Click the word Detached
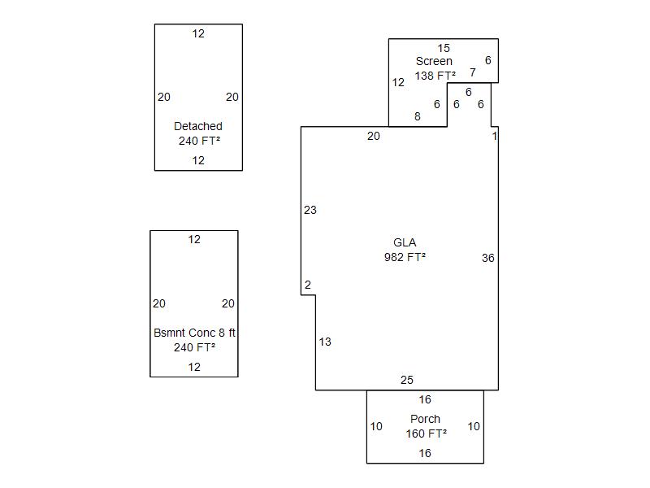tap(197, 126)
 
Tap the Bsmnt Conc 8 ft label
tap(194, 333)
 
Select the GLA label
tap(405, 242)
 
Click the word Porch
tap(425, 419)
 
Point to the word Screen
tap(434, 61)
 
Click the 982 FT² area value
tap(405, 257)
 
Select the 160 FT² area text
tap(426, 434)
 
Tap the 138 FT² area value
tap(435, 76)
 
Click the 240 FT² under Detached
tap(199, 141)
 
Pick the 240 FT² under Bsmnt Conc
tap(194, 347)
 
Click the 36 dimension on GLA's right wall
tap(487, 258)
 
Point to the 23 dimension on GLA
tap(310, 210)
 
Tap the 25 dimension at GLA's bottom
tap(407, 380)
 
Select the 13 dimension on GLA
tap(325, 342)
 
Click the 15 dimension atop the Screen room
tap(444, 48)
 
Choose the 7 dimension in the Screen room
tap(473, 72)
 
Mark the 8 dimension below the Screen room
tap(418, 116)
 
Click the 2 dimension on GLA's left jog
tap(308, 285)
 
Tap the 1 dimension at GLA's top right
tap(494, 136)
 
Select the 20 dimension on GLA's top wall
tap(373, 136)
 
